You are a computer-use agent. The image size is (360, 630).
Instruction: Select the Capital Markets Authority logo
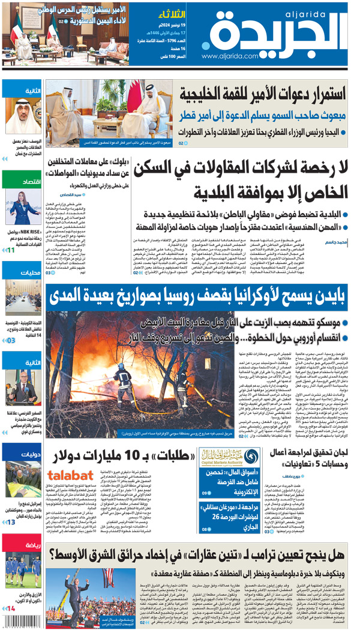218,458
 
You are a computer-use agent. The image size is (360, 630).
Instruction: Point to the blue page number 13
11,523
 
